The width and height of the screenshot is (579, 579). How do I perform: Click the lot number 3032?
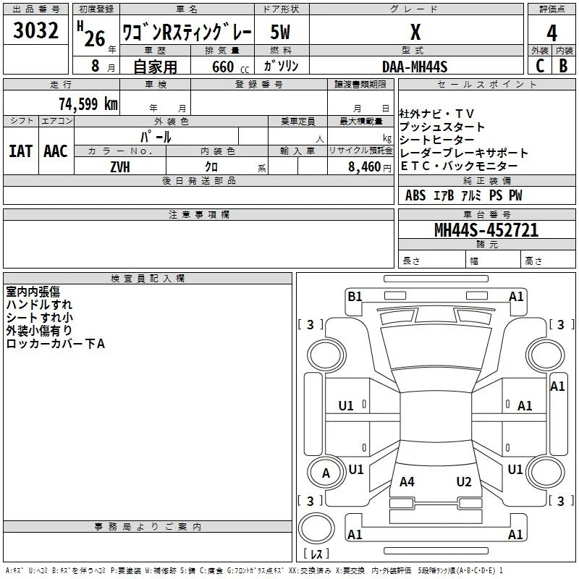[35, 30]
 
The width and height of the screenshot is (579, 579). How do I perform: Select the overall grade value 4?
[551, 33]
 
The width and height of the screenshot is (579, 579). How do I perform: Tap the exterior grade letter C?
[540, 66]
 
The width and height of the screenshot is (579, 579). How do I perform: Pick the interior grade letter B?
[563, 66]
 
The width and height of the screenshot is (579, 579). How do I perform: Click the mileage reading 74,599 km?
[88, 103]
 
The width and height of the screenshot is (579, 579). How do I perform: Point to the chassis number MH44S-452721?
[486, 230]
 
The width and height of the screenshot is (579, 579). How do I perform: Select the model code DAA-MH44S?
[415, 67]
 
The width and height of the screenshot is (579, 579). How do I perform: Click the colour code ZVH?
[120, 167]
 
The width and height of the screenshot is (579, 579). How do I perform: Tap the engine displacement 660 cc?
[230, 67]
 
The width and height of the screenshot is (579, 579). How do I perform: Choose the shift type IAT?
[21, 151]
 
